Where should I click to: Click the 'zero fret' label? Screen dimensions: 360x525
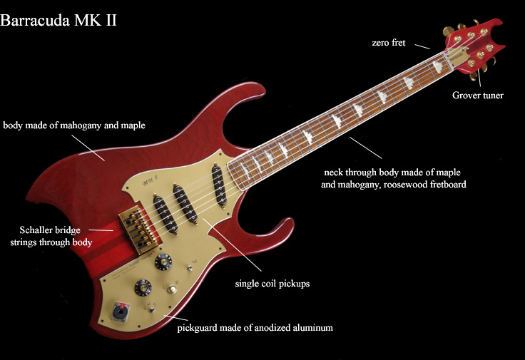point(389,43)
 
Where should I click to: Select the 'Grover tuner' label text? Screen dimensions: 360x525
point(478,95)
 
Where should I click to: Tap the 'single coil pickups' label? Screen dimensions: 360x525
point(272,283)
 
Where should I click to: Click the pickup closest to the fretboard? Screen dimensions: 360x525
point(220,185)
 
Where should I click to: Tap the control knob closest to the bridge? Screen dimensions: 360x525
point(164,262)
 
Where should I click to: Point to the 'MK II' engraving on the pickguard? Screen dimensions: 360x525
point(151,182)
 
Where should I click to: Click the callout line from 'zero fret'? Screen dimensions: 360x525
point(419,46)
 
